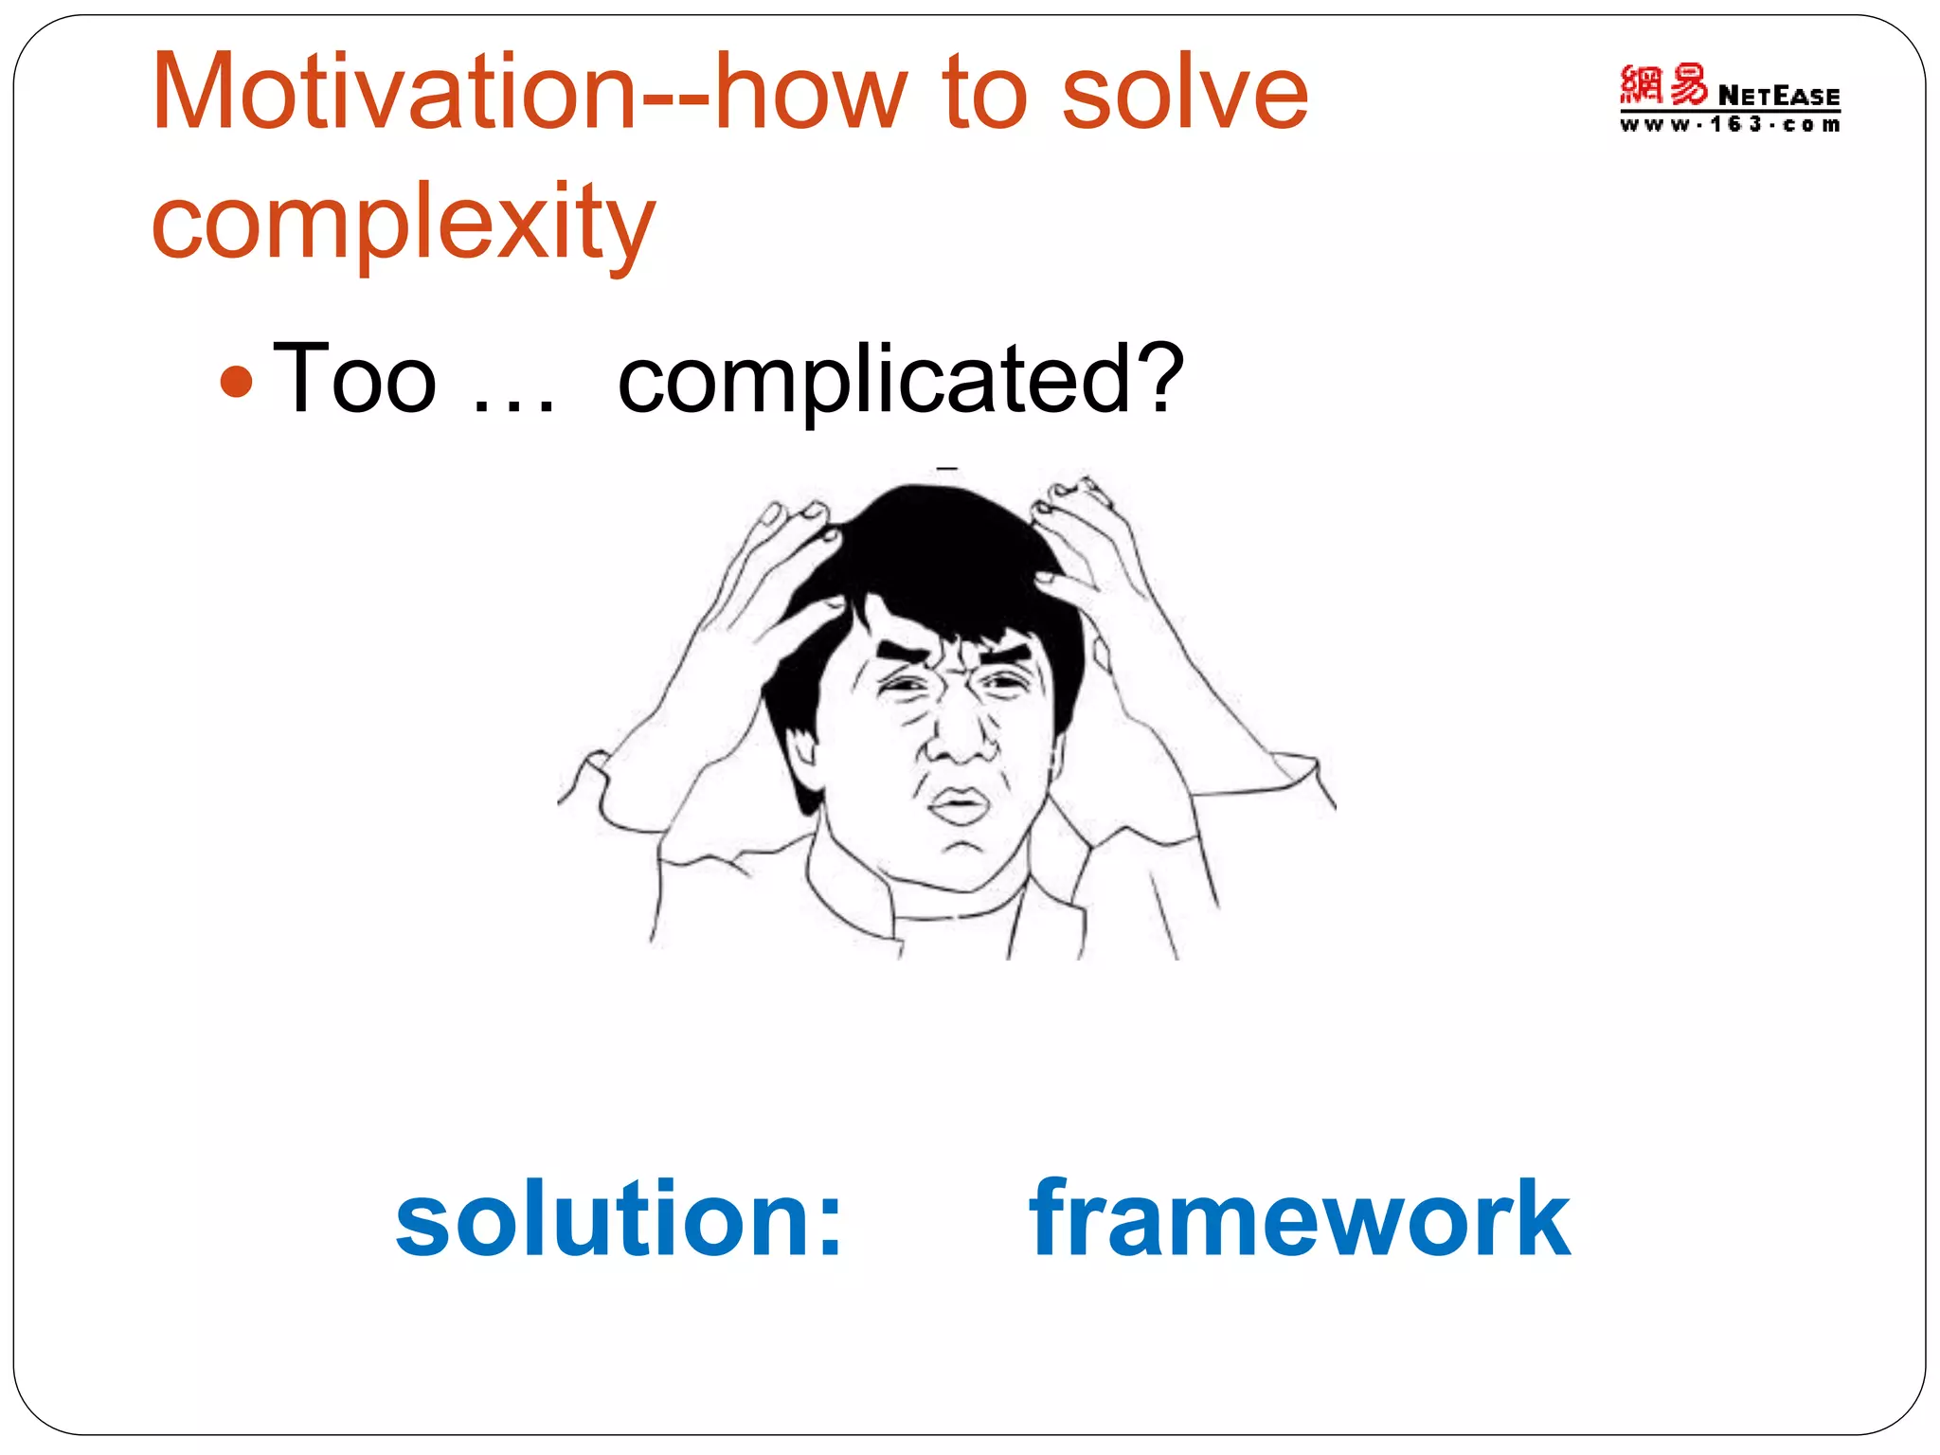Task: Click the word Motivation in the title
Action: click(393, 92)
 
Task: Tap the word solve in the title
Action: click(1184, 92)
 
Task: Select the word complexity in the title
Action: click(403, 224)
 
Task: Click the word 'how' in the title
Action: click(811, 92)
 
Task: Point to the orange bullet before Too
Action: click(236, 383)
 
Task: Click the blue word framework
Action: click(1300, 1218)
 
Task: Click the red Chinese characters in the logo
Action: click(1662, 85)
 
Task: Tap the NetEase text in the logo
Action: click(1778, 96)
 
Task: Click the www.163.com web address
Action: click(1730, 125)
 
